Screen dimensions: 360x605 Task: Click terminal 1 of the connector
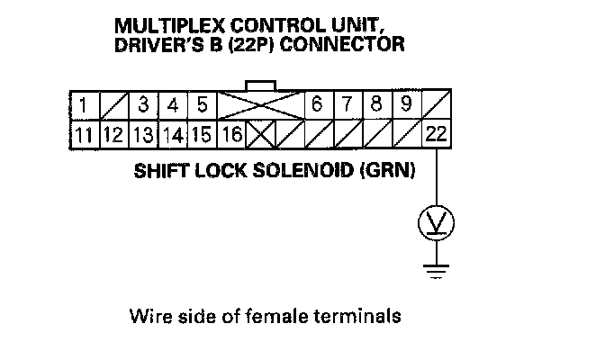82,106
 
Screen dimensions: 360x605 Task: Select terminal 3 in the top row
141,106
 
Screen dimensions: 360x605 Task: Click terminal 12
112,137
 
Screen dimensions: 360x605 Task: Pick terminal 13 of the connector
141,137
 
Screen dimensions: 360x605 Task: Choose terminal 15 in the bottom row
202,137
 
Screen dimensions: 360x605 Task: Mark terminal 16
230,137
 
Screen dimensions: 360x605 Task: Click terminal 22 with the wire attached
436,137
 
